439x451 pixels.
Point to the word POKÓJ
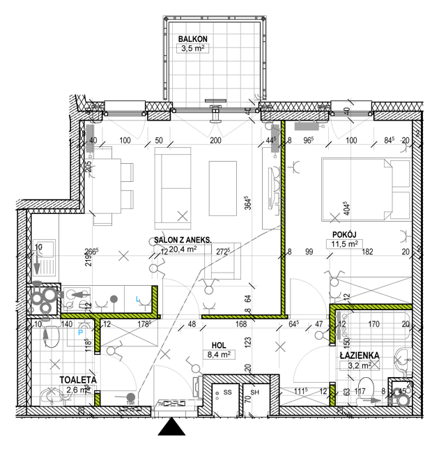tap(343, 234)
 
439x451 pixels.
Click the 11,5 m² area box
tap(343, 244)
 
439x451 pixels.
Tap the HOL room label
tap(219, 344)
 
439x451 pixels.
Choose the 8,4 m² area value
tap(219, 354)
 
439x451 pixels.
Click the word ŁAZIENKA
tap(359, 355)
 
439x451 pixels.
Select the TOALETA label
tap(76, 380)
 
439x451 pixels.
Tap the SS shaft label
tap(227, 392)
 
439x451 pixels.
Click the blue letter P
tap(81, 323)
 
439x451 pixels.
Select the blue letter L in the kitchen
tap(138, 299)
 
